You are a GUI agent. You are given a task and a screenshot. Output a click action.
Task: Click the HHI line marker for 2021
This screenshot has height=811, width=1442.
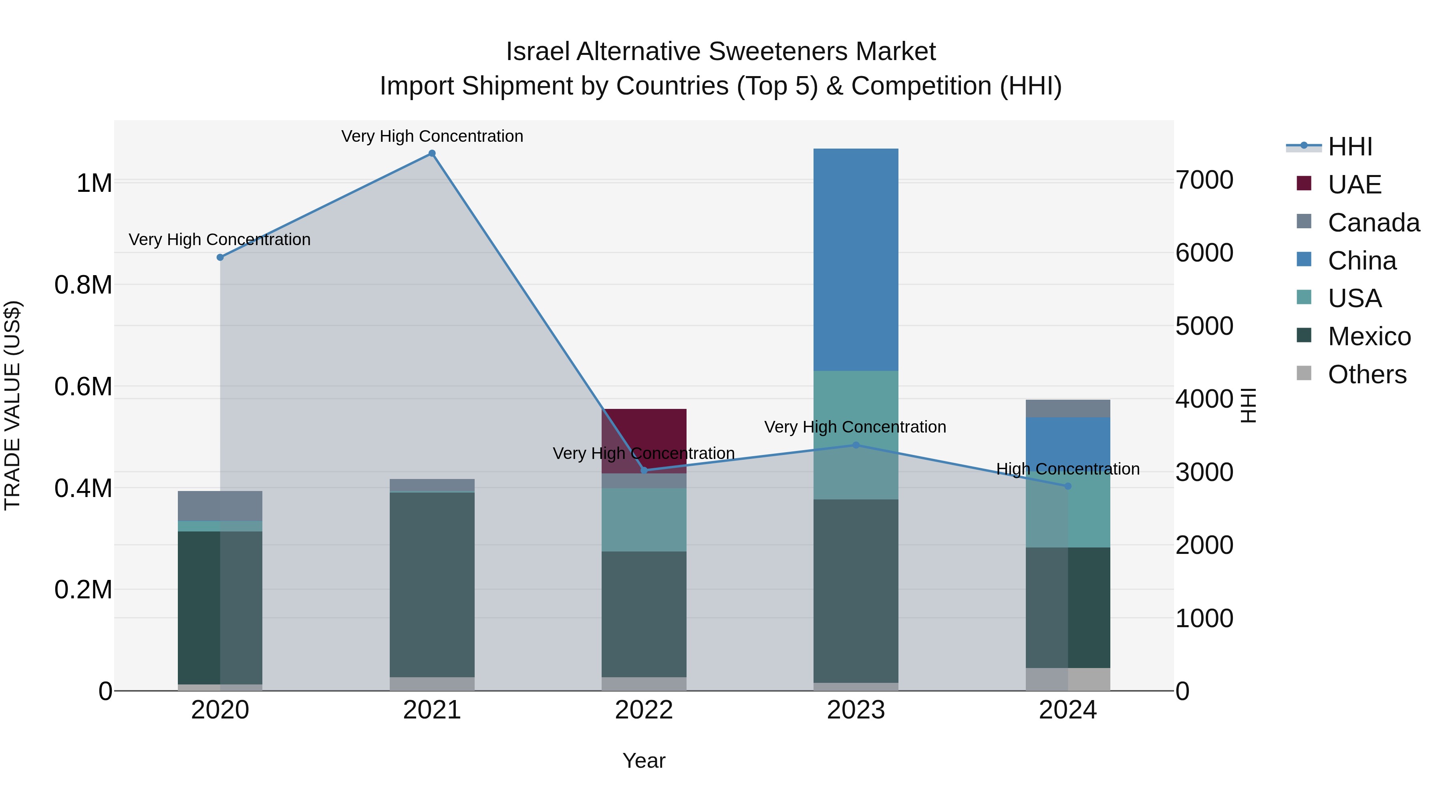pos(431,153)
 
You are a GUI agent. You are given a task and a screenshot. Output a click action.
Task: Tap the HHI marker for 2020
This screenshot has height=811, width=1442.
pos(220,258)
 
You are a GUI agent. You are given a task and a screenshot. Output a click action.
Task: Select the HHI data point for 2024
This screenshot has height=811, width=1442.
pos(1067,486)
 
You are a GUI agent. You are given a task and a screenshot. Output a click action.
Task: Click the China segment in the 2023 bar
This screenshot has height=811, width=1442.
pos(855,259)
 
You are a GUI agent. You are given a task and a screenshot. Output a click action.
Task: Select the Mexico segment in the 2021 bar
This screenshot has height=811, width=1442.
pos(431,585)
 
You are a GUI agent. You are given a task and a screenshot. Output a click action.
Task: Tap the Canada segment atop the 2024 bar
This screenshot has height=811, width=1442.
pos(1067,409)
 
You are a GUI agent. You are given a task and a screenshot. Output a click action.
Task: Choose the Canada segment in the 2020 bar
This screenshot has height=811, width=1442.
pos(220,506)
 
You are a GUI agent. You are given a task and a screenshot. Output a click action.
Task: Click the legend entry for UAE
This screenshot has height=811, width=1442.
pos(1354,185)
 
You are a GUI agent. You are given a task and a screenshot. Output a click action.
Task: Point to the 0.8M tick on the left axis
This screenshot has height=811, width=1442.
pos(83,285)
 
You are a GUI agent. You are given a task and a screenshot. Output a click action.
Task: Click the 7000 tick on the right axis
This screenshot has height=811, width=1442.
pos(1204,180)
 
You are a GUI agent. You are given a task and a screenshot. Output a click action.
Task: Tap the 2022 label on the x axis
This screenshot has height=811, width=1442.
pos(644,710)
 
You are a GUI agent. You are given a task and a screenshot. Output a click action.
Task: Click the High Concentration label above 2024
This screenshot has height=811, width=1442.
pos(1067,469)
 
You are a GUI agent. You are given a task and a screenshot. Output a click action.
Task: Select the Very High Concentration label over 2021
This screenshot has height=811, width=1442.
pos(431,136)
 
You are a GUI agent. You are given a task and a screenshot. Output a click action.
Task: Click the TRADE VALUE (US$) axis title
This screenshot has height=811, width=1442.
pos(13,405)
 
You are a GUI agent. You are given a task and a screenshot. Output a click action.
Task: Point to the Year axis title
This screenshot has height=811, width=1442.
pos(644,761)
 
